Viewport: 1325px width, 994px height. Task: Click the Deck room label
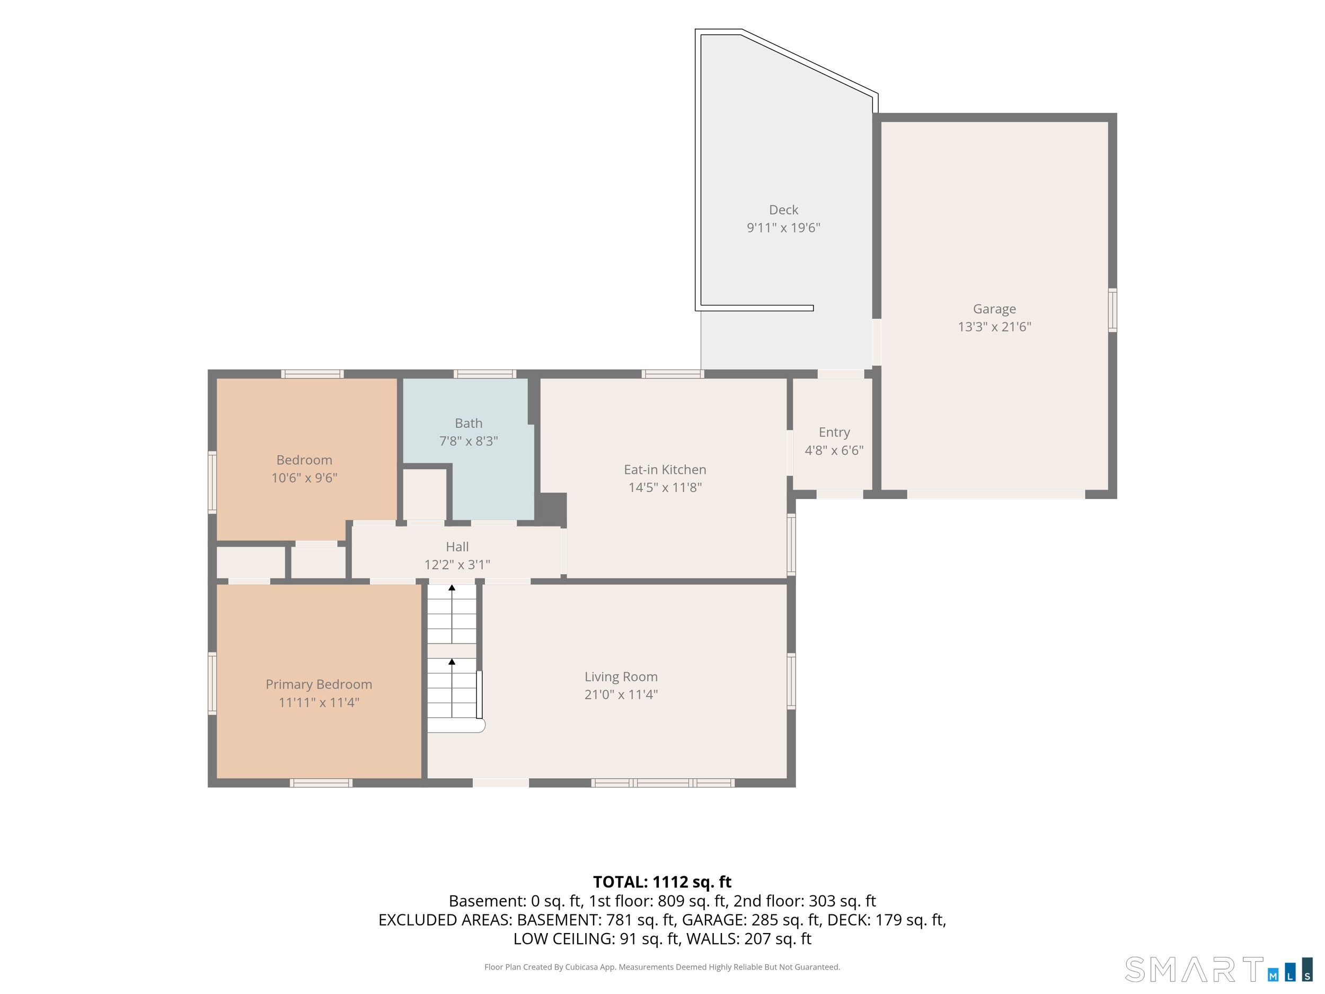pyautogui.click(x=783, y=210)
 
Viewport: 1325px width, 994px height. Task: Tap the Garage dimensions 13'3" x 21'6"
pyautogui.click(x=994, y=327)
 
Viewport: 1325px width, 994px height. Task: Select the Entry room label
pyautogui.click(x=834, y=433)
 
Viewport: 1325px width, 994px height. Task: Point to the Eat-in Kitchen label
pyautogui.click(x=665, y=470)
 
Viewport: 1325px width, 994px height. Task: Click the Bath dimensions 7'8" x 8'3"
pyautogui.click(x=469, y=441)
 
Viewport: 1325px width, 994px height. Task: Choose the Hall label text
pyautogui.click(x=457, y=547)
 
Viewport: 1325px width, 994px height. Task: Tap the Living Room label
pyautogui.click(x=621, y=676)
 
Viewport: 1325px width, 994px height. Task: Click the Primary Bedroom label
pyautogui.click(x=319, y=684)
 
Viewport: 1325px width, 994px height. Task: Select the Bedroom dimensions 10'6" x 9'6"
pyautogui.click(x=304, y=478)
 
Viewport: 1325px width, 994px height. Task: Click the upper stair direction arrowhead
pyautogui.click(x=452, y=588)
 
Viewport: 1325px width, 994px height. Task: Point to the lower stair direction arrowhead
pyautogui.click(x=452, y=662)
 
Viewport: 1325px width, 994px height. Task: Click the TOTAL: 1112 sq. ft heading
pyautogui.click(x=662, y=882)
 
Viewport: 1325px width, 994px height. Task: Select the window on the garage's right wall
pyautogui.click(x=1112, y=310)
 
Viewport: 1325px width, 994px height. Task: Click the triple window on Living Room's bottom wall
pyautogui.click(x=662, y=782)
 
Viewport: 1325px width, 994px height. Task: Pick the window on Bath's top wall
pyautogui.click(x=484, y=374)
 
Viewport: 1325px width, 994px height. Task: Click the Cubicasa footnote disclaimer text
pyautogui.click(x=662, y=966)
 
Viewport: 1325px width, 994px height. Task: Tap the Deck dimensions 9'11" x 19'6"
pyautogui.click(x=783, y=227)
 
